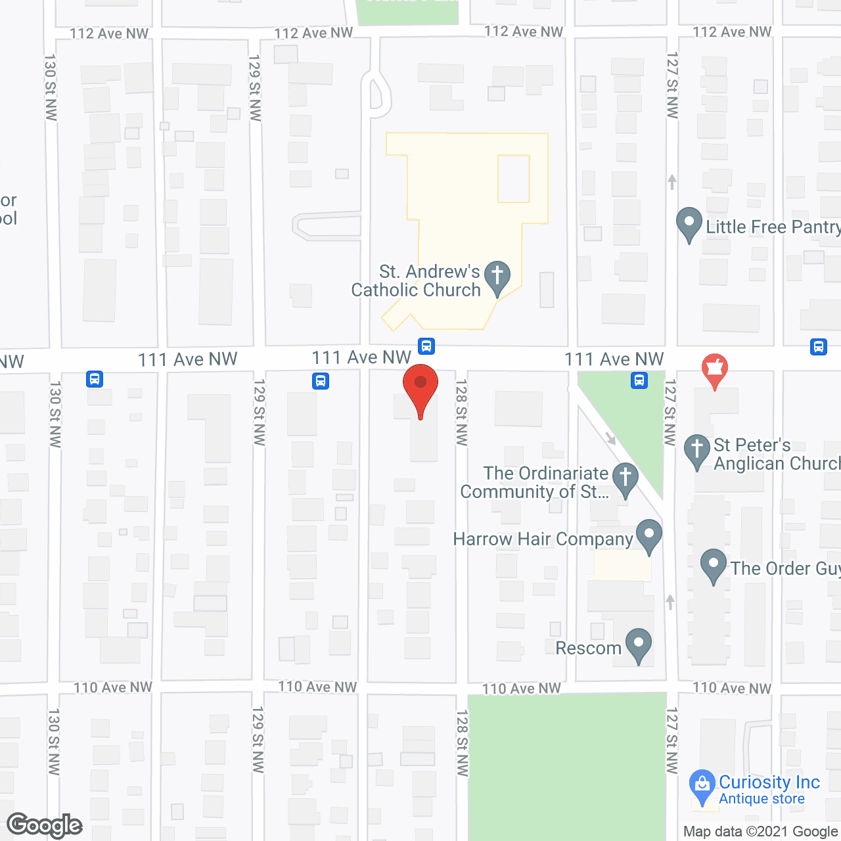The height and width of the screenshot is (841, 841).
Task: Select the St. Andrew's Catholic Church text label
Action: coord(416,281)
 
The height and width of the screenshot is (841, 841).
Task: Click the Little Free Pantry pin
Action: coord(689,223)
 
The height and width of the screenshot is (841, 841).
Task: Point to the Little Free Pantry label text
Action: coord(773,227)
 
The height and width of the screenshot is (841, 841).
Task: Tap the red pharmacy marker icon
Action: coord(715,371)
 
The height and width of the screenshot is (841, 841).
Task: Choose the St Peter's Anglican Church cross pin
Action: coord(697,451)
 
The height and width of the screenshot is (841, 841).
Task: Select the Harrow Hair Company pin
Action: coord(649,535)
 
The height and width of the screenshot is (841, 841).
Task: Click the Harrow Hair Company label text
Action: coord(543,539)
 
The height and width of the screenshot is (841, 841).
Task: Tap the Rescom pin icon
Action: coord(638,645)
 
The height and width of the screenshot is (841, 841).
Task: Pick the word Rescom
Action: coord(588,648)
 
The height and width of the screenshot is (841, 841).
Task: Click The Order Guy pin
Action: coord(713,565)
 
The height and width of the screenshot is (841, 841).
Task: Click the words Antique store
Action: coord(761,799)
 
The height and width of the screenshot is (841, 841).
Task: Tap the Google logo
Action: coord(45,825)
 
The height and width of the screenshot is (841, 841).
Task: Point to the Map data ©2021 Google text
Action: coord(761,832)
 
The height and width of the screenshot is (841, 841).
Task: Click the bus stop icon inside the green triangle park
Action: coord(639,380)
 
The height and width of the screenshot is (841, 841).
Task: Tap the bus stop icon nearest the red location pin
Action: coord(426,346)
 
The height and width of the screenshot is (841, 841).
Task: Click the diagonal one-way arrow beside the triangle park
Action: coord(610,438)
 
